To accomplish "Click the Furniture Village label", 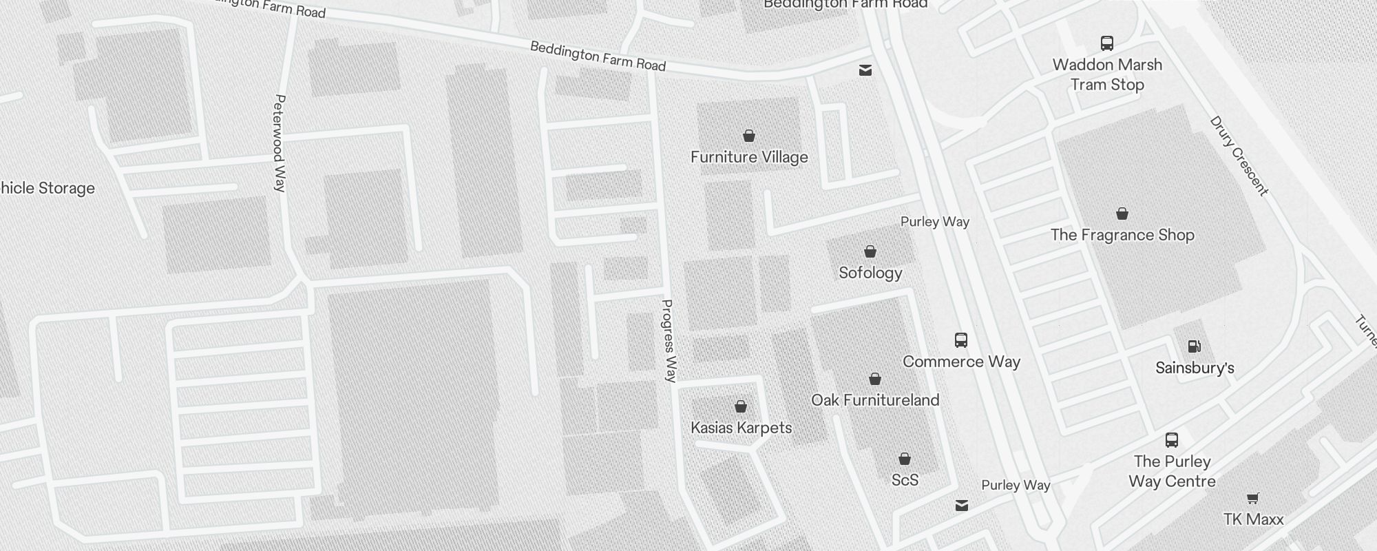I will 749,157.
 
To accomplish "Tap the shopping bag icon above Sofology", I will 870,251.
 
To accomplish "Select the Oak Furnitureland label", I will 875,400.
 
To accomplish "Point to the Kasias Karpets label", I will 741,428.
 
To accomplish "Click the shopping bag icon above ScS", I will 905,459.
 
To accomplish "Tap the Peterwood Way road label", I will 280,143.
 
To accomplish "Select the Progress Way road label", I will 669,340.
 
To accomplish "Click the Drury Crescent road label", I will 1239,156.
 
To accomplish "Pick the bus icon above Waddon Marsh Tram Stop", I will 1107,43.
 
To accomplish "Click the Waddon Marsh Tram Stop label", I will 1107,74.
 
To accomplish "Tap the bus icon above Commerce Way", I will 961,340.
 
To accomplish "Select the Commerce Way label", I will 961,362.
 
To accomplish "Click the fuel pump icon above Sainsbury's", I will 1195,346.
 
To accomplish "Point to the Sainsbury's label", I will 1195,368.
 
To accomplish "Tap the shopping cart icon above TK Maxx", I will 1253,498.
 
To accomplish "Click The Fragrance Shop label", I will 1122,235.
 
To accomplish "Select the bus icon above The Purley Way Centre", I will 1172,439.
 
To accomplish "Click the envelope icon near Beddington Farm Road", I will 865,70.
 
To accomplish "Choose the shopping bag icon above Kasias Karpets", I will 741,406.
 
